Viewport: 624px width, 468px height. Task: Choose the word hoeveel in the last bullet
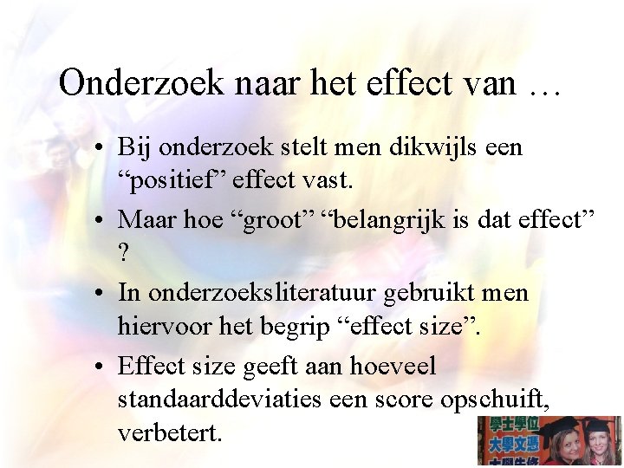click(x=393, y=367)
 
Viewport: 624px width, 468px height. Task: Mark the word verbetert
click(x=170, y=433)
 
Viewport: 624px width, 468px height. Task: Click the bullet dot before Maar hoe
click(x=103, y=220)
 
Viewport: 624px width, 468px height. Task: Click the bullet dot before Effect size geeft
click(x=103, y=367)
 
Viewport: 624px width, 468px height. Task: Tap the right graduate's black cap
click(x=598, y=425)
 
